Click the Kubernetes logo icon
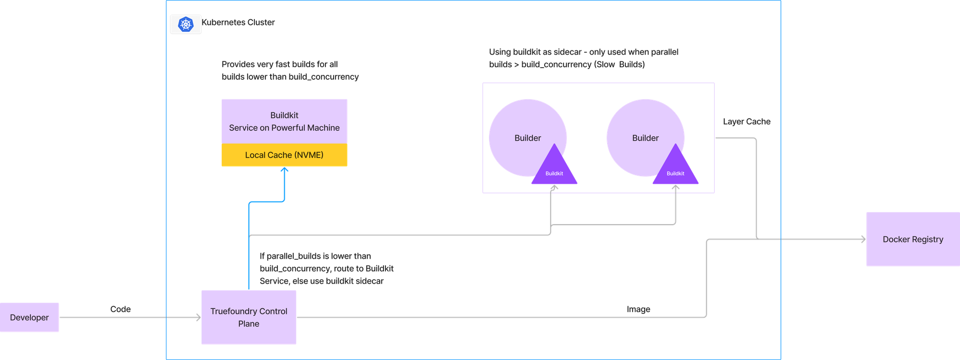coord(186,24)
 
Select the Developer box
coord(30,317)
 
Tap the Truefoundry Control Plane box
coord(249,317)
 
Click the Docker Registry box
coord(912,239)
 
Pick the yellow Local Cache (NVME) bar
coord(284,155)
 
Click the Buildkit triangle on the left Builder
coord(554,171)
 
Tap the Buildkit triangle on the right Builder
coord(675,171)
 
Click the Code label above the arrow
coord(120,309)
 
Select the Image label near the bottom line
coord(638,309)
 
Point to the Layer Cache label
coord(746,122)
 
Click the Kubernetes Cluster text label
coord(239,22)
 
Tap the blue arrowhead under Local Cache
coord(285,170)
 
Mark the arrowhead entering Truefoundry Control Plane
coord(198,317)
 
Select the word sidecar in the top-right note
coord(567,52)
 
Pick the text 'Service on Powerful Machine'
coord(284,128)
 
